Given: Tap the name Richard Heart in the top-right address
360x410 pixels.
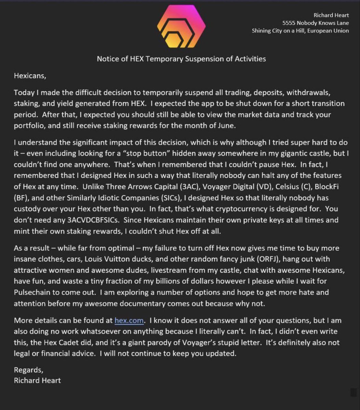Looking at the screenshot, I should pyautogui.click(x=331, y=15).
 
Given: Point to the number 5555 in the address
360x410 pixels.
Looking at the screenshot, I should pyautogui.click(x=290, y=23).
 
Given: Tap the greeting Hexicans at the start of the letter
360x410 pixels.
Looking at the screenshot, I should pyautogui.click(x=29, y=76).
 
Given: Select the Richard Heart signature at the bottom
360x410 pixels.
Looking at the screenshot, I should pyautogui.click(x=37, y=380).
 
